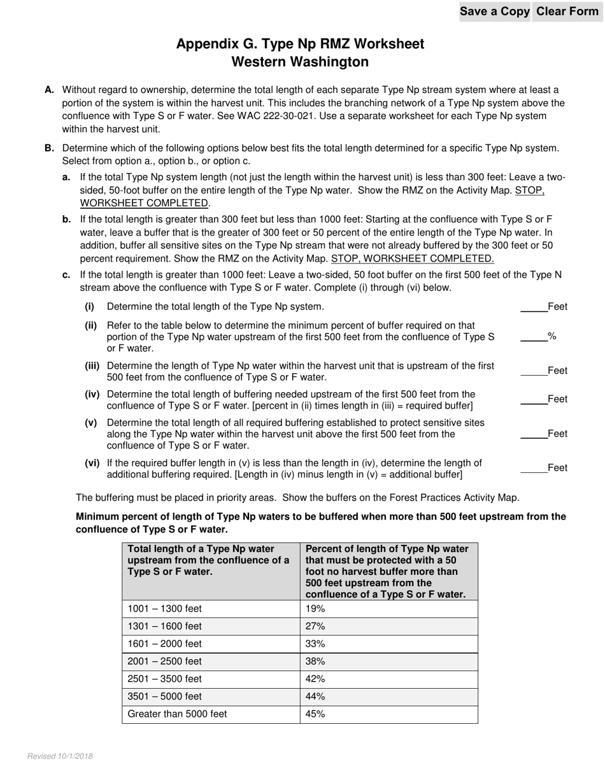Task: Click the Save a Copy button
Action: [494, 11]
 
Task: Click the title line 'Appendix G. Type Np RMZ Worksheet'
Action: [300, 44]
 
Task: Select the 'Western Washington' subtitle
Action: [300, 62]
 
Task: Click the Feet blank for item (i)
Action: [534, 307]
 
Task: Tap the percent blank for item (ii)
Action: [534, 336]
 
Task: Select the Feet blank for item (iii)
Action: [534, 370]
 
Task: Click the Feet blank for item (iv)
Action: [534, 399]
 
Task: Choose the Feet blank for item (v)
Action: [534, 434]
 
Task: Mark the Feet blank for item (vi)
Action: [534, 468]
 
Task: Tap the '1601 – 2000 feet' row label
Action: [165, 644]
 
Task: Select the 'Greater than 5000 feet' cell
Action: [178, 714]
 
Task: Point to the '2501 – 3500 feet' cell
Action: [165, 679]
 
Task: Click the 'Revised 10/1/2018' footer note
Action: [60, 756]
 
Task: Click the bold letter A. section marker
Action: [50, 90]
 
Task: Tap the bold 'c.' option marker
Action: [66, 276]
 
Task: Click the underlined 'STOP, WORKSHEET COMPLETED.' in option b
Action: [412, 259]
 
